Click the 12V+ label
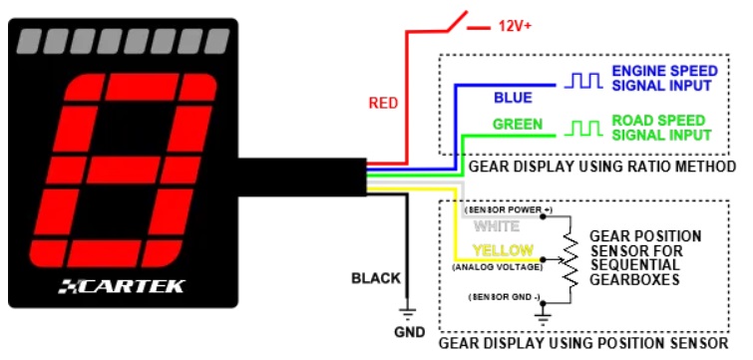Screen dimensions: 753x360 (x=515, y=26)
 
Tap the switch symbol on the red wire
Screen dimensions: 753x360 (x=457, y=22)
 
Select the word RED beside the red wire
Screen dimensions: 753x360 (x=383, y=103)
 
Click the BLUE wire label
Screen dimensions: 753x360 (x=513, y=98)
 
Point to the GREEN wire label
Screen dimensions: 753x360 (x=518, y=125)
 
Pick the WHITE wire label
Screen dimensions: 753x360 (x=497, y=226)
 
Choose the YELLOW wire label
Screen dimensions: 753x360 (x=503, y=250)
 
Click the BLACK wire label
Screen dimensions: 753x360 (x=376, y=278)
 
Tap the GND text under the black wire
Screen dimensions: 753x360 (x=409, y=332)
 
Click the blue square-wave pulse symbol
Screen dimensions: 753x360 (x=583, y=81)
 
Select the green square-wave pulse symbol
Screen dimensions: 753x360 (x=583, y=129)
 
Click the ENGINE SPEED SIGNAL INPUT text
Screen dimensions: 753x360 (x=664, y=79)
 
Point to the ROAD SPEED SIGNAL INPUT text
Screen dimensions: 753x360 (x=661, y=128)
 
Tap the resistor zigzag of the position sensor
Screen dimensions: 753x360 (x=570, y=259)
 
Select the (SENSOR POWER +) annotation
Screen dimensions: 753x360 (x=509, y=209)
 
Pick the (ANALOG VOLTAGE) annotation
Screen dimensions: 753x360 (x=498, y=267)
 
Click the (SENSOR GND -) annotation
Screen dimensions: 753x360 (x=505, y=297)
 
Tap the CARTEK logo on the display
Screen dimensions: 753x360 (x=122, y=286)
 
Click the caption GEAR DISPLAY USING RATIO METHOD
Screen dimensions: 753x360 (x=602, y=167)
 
